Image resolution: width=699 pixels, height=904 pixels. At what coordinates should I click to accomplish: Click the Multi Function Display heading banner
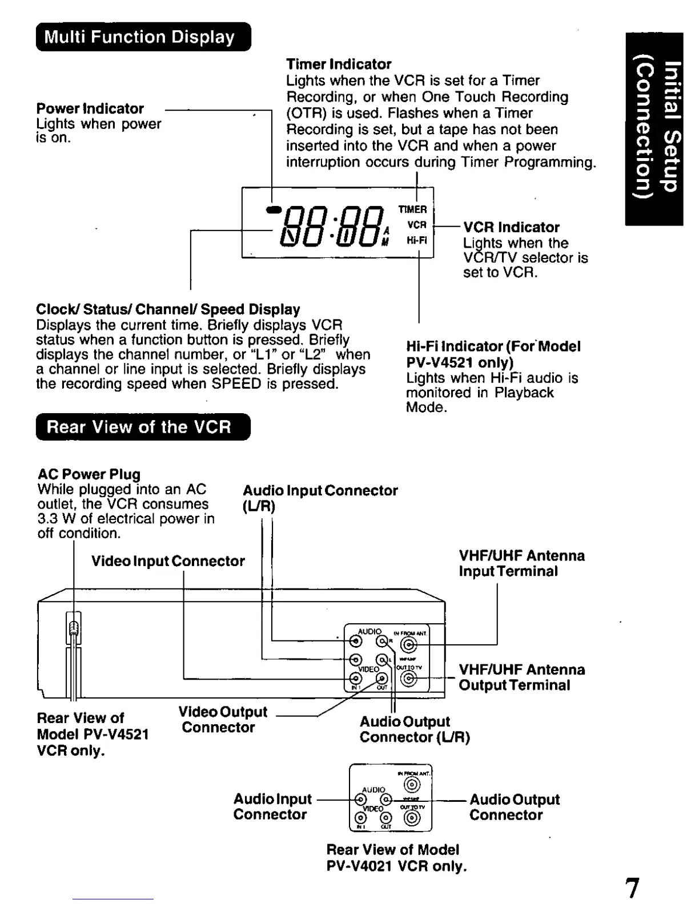(x=143, y=37)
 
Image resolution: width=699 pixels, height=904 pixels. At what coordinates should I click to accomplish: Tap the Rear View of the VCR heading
(x=143, y=427)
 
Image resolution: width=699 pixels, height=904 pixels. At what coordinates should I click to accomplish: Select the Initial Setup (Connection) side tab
(x=654, y=129)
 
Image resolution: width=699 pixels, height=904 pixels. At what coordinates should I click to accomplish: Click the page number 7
(x=632, y=887)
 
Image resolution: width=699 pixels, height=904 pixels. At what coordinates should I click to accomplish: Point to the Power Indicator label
(x=90, y=108)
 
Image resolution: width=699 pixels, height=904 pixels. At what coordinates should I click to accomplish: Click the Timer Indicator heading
(x=339, y=64)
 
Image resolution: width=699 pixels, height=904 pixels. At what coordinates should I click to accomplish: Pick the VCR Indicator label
(x=511, y=227)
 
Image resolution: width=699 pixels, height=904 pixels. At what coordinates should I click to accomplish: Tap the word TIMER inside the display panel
(x=412, y=209)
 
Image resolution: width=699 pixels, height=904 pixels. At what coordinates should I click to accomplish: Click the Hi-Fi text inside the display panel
(x=416, y=240)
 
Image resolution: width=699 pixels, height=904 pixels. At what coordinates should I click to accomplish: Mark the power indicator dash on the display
(x=274, y=209)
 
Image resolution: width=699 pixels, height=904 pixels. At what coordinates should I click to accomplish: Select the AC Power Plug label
(x=89, y=474)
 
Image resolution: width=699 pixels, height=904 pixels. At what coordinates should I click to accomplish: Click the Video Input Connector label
(x=168, y=561)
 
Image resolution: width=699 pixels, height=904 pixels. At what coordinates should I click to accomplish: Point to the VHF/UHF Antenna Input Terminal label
(x=521, y=563)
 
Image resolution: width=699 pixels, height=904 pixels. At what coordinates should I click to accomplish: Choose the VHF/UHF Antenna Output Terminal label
(x=521, y=677)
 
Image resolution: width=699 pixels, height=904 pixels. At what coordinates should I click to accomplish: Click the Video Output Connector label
(x=222, y=720)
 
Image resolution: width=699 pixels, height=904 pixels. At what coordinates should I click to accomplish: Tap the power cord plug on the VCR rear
(x=74, y=628)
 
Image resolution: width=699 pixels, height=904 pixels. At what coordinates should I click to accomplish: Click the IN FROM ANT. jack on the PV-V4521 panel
(x=409, y=645)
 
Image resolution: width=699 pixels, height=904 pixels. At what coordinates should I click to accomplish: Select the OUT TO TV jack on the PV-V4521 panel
(x=409, y=679)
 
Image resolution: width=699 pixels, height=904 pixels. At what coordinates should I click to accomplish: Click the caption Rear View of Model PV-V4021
(x=396, y=858)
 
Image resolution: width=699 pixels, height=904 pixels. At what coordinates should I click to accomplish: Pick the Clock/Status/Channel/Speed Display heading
(x=168, y=309)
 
